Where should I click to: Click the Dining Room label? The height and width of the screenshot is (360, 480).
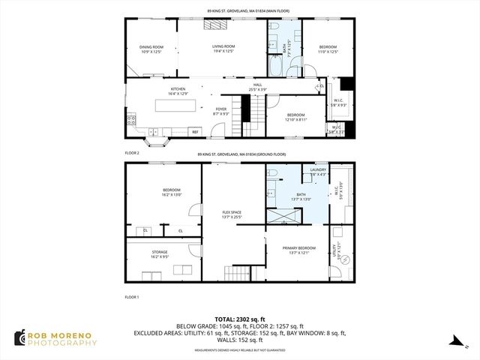152,49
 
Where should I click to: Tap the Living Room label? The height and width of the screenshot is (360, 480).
223,49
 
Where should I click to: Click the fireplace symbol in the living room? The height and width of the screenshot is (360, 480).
216,25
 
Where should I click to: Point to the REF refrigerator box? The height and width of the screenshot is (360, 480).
195,132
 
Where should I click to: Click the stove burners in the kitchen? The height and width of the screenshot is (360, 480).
132,118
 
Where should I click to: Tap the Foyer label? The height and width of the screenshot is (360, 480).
220,111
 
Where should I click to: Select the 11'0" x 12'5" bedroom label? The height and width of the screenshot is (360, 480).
328,49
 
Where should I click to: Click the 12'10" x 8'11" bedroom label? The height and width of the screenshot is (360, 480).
296,117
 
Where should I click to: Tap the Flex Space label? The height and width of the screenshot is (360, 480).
232,215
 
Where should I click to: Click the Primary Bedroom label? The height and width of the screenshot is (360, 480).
298,250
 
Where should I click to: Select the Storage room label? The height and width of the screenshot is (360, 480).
160,254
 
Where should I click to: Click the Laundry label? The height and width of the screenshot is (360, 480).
318,172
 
